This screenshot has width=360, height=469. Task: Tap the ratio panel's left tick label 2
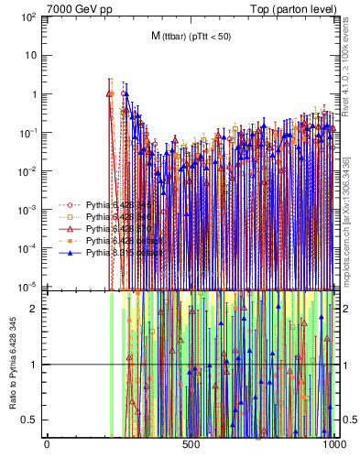pos(37,309)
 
